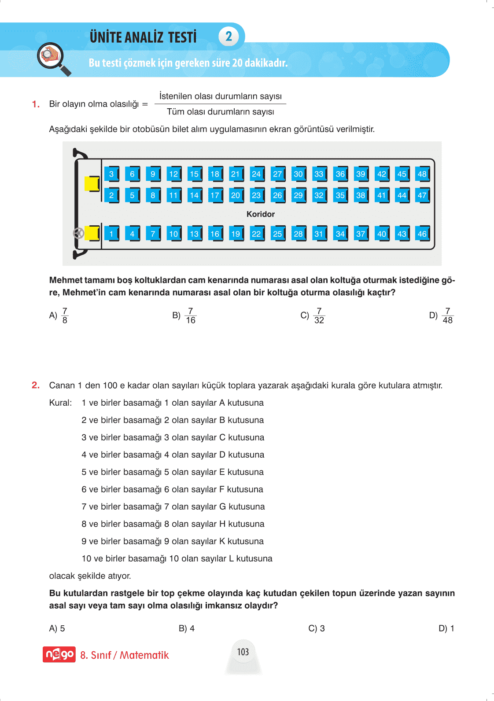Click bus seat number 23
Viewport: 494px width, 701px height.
(256, 195)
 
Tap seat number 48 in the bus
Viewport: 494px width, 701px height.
(422, 174)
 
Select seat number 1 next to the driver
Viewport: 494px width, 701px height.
(111, 234)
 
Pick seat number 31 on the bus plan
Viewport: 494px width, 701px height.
(319, 234)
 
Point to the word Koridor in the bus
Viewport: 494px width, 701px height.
(260, 214)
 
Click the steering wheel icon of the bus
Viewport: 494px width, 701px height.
(79, 233)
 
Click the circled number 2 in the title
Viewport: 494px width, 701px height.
(229, 36)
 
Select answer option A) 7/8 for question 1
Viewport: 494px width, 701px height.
(59, 316)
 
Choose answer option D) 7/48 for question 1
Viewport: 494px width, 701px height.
(441, 316)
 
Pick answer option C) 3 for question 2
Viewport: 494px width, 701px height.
(317, 628)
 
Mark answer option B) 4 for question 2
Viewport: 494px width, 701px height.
(187, 628)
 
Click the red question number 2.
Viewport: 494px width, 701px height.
(36, 385)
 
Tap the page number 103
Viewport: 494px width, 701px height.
(243, 652)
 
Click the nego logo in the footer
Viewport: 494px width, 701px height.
(59, 654)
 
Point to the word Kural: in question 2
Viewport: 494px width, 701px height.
(60, 403)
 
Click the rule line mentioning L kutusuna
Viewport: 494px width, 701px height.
(177, 558)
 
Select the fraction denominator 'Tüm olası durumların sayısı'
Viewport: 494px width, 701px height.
(220, 112)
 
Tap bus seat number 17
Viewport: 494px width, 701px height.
(215, 195)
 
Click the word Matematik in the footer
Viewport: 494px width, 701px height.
(144, 655)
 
